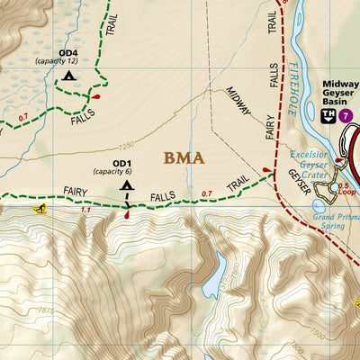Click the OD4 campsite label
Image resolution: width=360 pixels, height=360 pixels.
(x=68, y=52)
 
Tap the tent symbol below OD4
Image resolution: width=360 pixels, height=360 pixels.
(x=69, y=77)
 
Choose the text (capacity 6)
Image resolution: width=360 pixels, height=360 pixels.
(x=112, y=171)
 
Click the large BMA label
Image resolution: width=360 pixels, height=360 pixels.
(x=184, y=158)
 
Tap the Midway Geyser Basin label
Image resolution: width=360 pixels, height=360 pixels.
(x=340, y=91)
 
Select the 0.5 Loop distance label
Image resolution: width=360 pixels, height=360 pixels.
(x=344, y=189)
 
